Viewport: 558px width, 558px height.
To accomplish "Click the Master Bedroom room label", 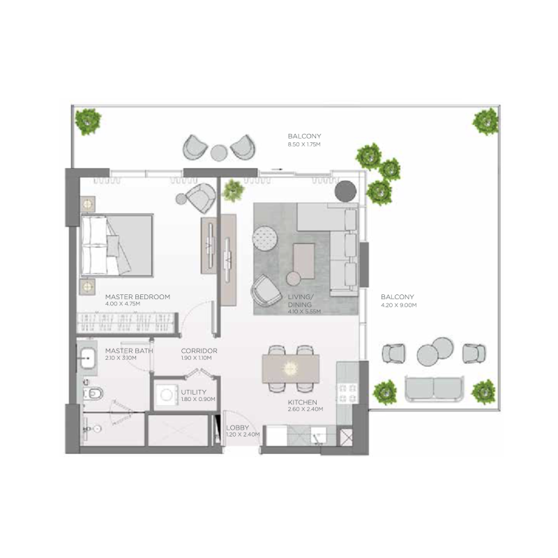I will pyautogui.click(x=137, y=296).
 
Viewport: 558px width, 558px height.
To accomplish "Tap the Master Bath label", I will pyautogui.click(x=129, y=351).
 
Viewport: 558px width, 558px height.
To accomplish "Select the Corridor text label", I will pyautogui.click(x=199, y=351).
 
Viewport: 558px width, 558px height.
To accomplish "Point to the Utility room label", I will pyautogui.click(x=195, y=392).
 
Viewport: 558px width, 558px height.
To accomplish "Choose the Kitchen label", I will pyautogui.click(x=303, y=402).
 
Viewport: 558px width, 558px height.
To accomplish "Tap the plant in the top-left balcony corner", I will pyautogui.click(x=88, y=121).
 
